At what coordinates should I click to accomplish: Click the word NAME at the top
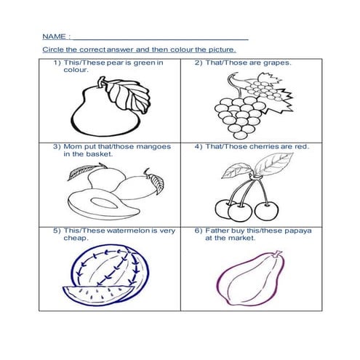[x=54, y=36]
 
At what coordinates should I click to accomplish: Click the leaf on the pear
[x=129, y=96]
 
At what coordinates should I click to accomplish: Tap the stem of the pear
[x=101, y=81]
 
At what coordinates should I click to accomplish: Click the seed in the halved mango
[x=104, y=203]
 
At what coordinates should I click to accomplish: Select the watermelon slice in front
[x=98, y=295]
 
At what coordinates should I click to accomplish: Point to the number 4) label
[x=199, y=147]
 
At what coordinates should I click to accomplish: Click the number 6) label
[x=199, y=231]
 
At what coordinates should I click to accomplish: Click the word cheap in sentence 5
[x=76, y=239]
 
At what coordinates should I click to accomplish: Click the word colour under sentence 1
[x=76, y=70]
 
